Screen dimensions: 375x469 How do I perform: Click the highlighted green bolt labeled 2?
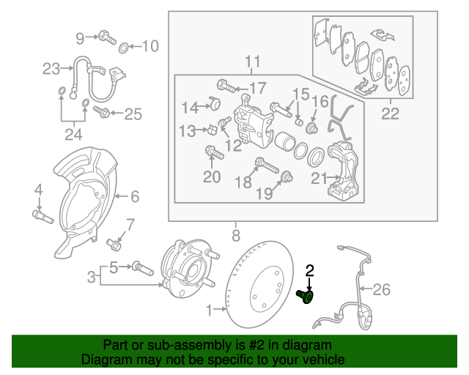point(305,296)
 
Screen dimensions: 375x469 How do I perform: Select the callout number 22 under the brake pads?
point(390,113)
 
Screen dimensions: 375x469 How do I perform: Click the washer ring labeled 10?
point(125,48)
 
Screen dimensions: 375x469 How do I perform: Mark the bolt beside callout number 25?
point(103,113)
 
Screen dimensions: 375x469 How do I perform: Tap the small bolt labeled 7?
point(114,242)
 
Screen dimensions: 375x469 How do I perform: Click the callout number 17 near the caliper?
point(257,89)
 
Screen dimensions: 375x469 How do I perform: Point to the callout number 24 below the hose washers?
point(71,134)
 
